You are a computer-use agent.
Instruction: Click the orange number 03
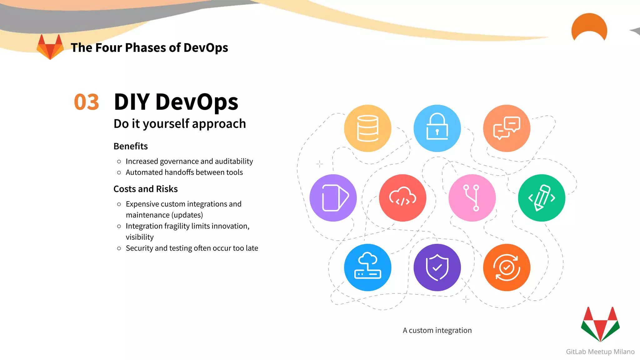pos(87,102)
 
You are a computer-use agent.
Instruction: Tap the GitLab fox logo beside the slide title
pos(50,47)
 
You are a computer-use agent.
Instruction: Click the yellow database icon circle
pos(367,128)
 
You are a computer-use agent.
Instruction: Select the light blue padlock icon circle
pos(437,128)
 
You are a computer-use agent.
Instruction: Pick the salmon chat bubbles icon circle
pos(506,128)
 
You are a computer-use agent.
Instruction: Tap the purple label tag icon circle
pos(333,198)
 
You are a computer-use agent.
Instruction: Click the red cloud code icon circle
pos(402,198)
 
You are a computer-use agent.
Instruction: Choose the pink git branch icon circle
pos(472,198)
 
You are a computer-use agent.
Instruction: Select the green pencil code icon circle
pos(541,198)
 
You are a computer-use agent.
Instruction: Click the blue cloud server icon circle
pos(367,267)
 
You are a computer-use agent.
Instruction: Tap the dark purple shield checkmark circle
pos(437,267)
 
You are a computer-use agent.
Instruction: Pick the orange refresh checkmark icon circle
pos(506,267)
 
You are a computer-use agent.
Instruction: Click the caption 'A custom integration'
pos(437,330)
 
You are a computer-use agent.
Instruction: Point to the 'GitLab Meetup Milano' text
pos(600,352)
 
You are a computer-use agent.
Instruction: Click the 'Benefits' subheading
pos(131,146)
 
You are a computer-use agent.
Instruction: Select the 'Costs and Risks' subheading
pos(146,189)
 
